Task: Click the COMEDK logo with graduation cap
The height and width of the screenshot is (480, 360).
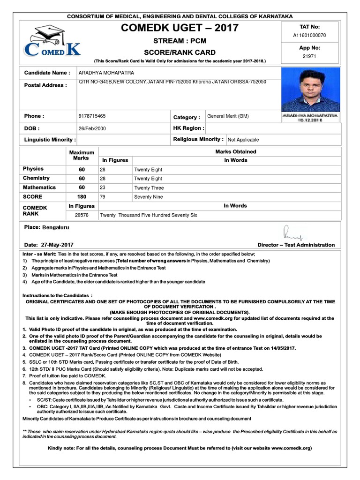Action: pyautogui.click(x=52, y=43)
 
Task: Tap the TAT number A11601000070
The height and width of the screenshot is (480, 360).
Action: pyautogui.click(x=309, y=35)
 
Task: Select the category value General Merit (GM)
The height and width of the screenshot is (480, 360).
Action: pyautogui.click(x=228, y=116)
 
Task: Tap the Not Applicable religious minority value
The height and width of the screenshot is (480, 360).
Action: pyautogui.click(x=243, y=140)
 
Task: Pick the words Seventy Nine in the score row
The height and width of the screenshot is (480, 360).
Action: pyautogui.click(x=149, y=197)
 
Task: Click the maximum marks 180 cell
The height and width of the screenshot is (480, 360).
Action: pyautogui.click(x=82, y=197)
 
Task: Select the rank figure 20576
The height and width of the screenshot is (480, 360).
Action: pyautogui.click(x=82, y=215)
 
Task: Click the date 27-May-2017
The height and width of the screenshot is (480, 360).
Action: pyautogui.click(x=57, y=245)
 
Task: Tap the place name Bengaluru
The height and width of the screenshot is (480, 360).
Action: pyautogui.click(x=55, y=227)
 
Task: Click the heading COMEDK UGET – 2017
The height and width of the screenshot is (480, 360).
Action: pyautogui.click(x=180, y=28)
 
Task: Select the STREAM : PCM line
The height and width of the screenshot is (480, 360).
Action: pyautogui.click(x=180, y=41)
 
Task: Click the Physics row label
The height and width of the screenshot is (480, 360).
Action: pyautogui.click(x=33, y=169)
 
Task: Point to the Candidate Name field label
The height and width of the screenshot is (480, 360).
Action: pyautogui.click(x=47, y=73)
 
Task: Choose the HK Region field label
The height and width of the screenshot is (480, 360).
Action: pyautogui.click(x=188, y=128)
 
